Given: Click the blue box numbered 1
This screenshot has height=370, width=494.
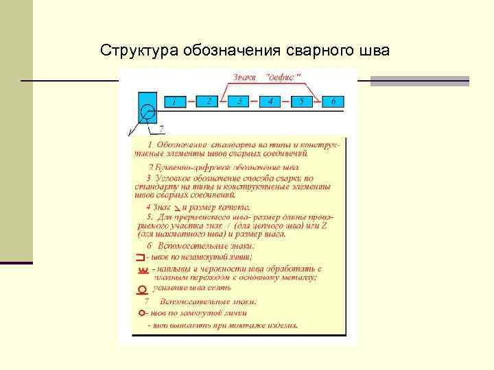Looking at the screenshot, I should (174, 102).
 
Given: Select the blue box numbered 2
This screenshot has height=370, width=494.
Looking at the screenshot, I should (208, 101).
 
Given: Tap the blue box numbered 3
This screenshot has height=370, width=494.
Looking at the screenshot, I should (239, 101).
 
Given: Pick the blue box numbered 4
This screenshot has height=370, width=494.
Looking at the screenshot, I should (270, 101).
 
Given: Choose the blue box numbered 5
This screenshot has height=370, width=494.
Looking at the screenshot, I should (302, 101).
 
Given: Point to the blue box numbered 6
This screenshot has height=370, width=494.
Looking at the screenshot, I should (333, 101).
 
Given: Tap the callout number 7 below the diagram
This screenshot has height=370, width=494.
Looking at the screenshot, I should (161, 128).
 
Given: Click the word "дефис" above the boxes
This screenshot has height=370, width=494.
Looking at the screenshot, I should (285, 77).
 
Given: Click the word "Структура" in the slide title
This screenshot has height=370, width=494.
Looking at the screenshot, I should (139, 51).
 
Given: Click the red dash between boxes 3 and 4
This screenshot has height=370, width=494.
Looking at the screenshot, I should (255, 101).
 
